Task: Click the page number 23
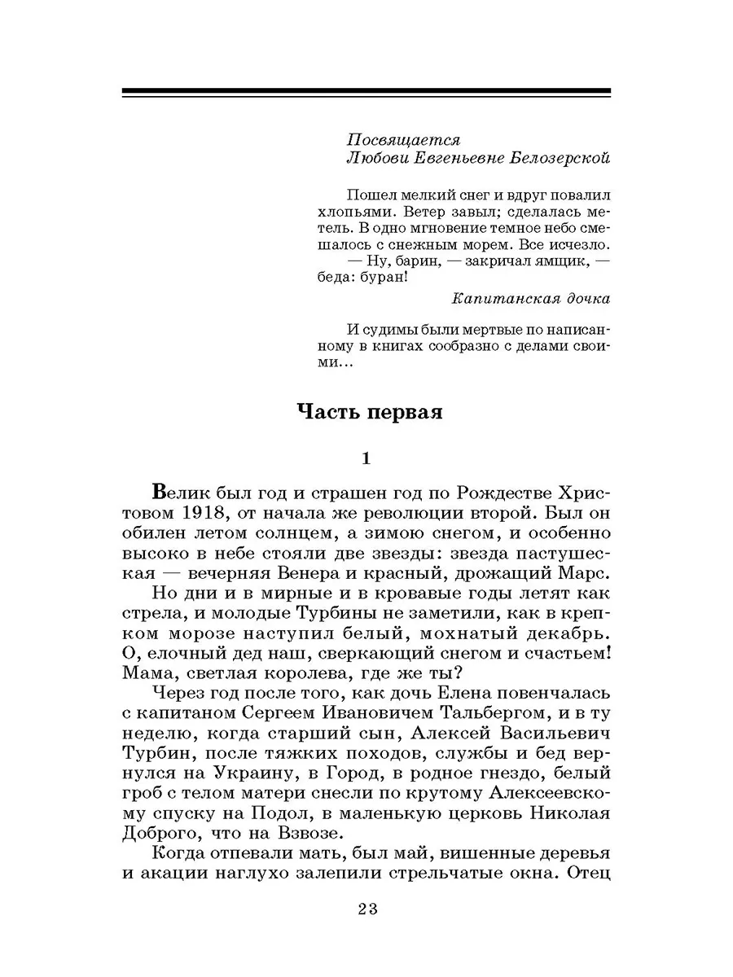tap(366, 910)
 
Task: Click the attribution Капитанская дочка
tap(530, 298)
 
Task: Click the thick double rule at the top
tap(366, 92)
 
